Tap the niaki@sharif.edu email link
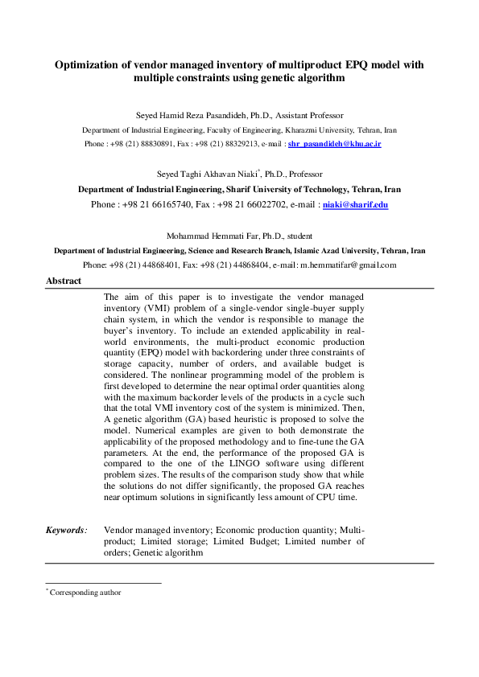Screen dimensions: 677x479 [x=355, y=205]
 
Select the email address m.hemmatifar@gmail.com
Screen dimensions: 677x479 [x=348, y=264]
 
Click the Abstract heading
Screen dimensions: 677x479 [x=64, y=281]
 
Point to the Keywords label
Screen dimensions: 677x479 [x=65, y=530]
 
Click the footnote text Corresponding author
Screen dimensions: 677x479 [x=85, y=592]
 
